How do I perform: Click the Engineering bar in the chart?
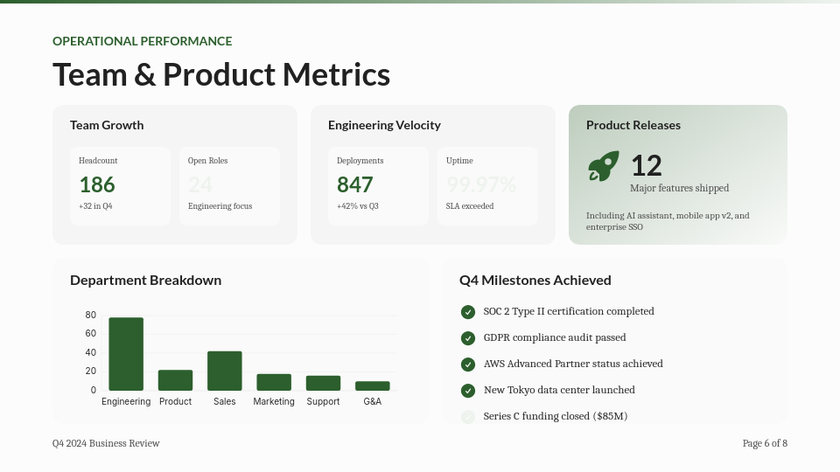pyautogui.click(x=126, y=354)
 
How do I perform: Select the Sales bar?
pyautogui.click(x=225, y=371)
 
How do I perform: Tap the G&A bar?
pyautogui.click(x=373, y=385)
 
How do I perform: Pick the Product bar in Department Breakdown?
pyautogui.click(x=175, y=380)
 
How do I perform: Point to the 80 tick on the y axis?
pyautogui.click(x=91, y=315)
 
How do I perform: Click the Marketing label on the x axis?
pyautogui.click(x=274, y=401)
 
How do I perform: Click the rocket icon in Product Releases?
pyautogui.click(x=603, y=166)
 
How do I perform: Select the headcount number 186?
pyautogui.click(x=97, y=184)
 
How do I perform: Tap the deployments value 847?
pyautogui.click(x=355, y=184)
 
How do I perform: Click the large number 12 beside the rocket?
pyautogui.click(x=647, y=165)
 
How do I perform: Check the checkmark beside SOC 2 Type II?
pyautogui.click(x=468, y=312)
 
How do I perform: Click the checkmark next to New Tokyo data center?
pyautogui.click(x=468, y=391)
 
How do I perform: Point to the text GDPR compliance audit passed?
pyautogui.click(x=555, y=337)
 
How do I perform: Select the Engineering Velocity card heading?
pyautogui.click(x=384, y=125)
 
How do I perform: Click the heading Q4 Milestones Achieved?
pyautogui.click(x=535, y=281)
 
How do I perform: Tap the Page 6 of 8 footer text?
pyautogui.click(x=765, y=443)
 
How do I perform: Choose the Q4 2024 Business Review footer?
pyautogui.click(x=106, y=443)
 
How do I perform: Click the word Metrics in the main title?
pyautogui.click(x=336, y=74)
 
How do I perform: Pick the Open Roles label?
pyautogui.click(x=207, y=161)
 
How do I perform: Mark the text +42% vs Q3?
pyautogui.click(x=358, y=206)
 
